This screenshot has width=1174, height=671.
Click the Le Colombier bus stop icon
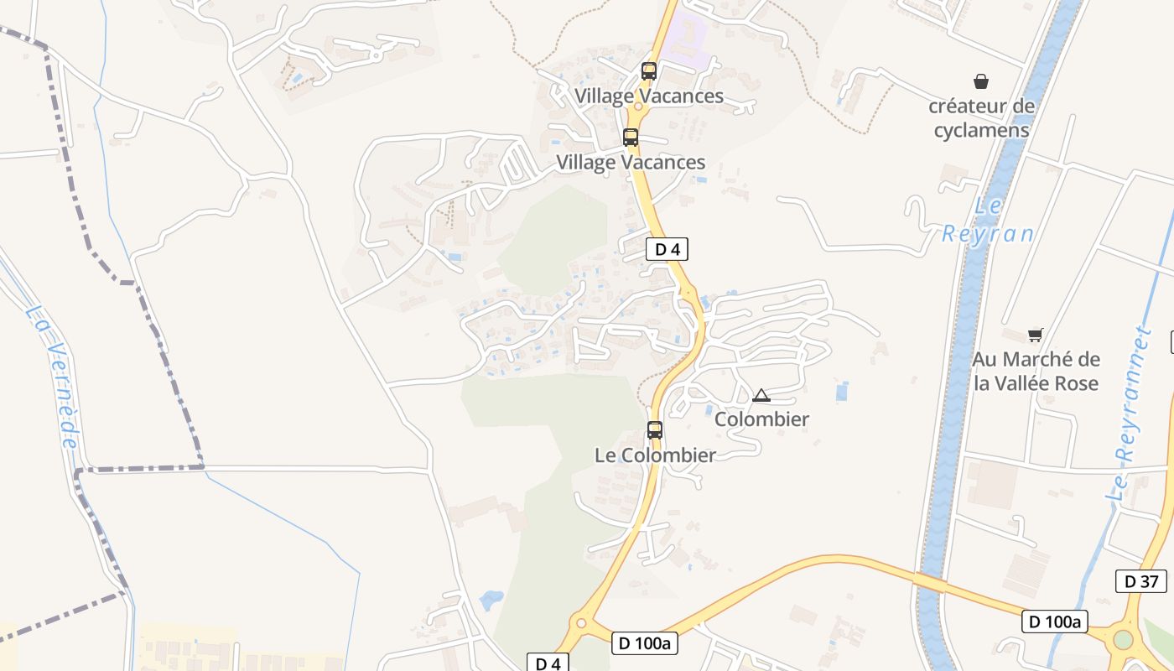click(654, 430)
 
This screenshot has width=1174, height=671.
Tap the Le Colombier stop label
click(655, 455)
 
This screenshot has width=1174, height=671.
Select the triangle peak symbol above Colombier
click(761, 395)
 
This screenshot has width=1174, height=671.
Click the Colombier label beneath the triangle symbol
click(761, 419)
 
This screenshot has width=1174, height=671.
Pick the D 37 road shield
click(1140, 580)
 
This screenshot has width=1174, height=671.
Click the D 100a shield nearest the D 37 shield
click(1055, 622)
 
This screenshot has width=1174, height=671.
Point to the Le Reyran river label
click(987, 221)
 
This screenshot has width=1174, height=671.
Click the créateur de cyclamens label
click(981, 118)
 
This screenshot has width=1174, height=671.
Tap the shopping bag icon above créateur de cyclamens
click(980, 81)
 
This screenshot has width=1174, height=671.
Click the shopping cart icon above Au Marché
click(1036, 335)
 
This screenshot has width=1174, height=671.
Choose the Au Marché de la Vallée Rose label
click(1036, 371)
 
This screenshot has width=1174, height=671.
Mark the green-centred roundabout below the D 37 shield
click(1123, 640)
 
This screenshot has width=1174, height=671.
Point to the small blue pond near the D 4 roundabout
click(491, 599)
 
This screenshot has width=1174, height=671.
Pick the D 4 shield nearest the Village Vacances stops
click(667, 249)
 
